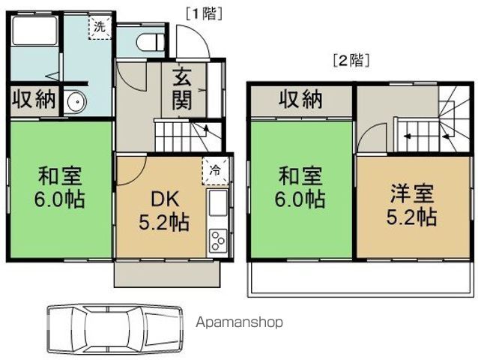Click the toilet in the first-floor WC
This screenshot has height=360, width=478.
pyautogui.click(x=150, y=43)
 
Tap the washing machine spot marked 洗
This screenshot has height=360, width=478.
pyautogui.click(x=100, y=27)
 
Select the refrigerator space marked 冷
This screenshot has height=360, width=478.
pyautogui.click(x=216, y=171)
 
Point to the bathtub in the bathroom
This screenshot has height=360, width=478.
pyautogui.click(x=34, y=31)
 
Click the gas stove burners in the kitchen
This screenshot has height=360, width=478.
pyautogui.click(x=218, y=241)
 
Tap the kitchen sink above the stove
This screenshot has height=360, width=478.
pyautogui.click(x=218, y=202)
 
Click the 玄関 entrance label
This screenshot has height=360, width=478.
pyautogui.click(x=182, y=89)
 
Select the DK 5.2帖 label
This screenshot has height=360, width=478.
pyautogui.click(x=164, y=211)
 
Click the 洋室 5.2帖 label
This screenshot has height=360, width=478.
pyautogui.click(x=411, y=205)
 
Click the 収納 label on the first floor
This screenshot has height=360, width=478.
pyautogui.click(x=34, y=99)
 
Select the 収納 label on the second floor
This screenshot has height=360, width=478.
pyautogui.click(x=300, y=99)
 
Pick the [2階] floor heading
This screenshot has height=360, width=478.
pyautogui.click(x=351, y=61)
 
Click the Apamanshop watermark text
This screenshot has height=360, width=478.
pyautogui.click(x=239, y=322)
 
